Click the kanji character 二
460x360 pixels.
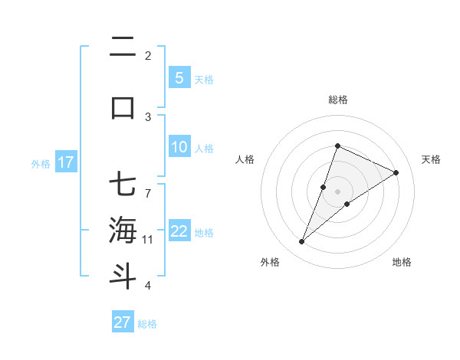coord(123,49)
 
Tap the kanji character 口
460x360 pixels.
coord(123,106)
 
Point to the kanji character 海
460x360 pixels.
coord(123,231)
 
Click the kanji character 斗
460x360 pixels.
coord(123,275)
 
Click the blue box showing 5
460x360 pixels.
coord(179,77)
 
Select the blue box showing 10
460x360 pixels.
coord(179,148)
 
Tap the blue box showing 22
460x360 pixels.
coord(179,231)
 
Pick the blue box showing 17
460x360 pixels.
coord(65,162)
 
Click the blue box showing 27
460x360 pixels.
coord(122,322)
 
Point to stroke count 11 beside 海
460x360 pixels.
coord(148,240)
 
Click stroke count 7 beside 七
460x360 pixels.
coord(148,185)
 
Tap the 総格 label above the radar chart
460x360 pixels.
coord(337,100)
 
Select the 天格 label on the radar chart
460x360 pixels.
coord(432,159)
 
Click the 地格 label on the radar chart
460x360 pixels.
coord(402,262)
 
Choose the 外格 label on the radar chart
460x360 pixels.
coord(270,262)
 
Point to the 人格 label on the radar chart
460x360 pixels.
coord(245,159)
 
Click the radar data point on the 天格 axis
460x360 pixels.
coord(396,172)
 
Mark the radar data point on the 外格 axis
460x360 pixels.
coord(301,242)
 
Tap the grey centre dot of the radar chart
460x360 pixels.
coord(337,191)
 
